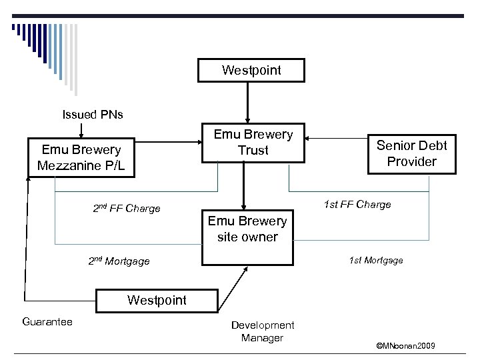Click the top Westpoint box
(x=251, y=70)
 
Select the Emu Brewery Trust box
(x=253, y=143)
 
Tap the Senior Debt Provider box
(x=411, y=153)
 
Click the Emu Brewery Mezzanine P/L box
(x=81, y=158)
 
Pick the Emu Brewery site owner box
(x=247, y=229)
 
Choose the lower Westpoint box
(x=157, y=301)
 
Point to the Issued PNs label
(x=93, y=114)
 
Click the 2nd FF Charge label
(x=126, y=208)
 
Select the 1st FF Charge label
(x=357, y=204)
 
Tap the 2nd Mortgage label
(x=119, y=261)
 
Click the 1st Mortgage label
(x=376, y=260)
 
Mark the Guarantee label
(x=47, y=322)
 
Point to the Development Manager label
(x=262, y=331)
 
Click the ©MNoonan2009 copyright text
(x=405, y=346)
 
